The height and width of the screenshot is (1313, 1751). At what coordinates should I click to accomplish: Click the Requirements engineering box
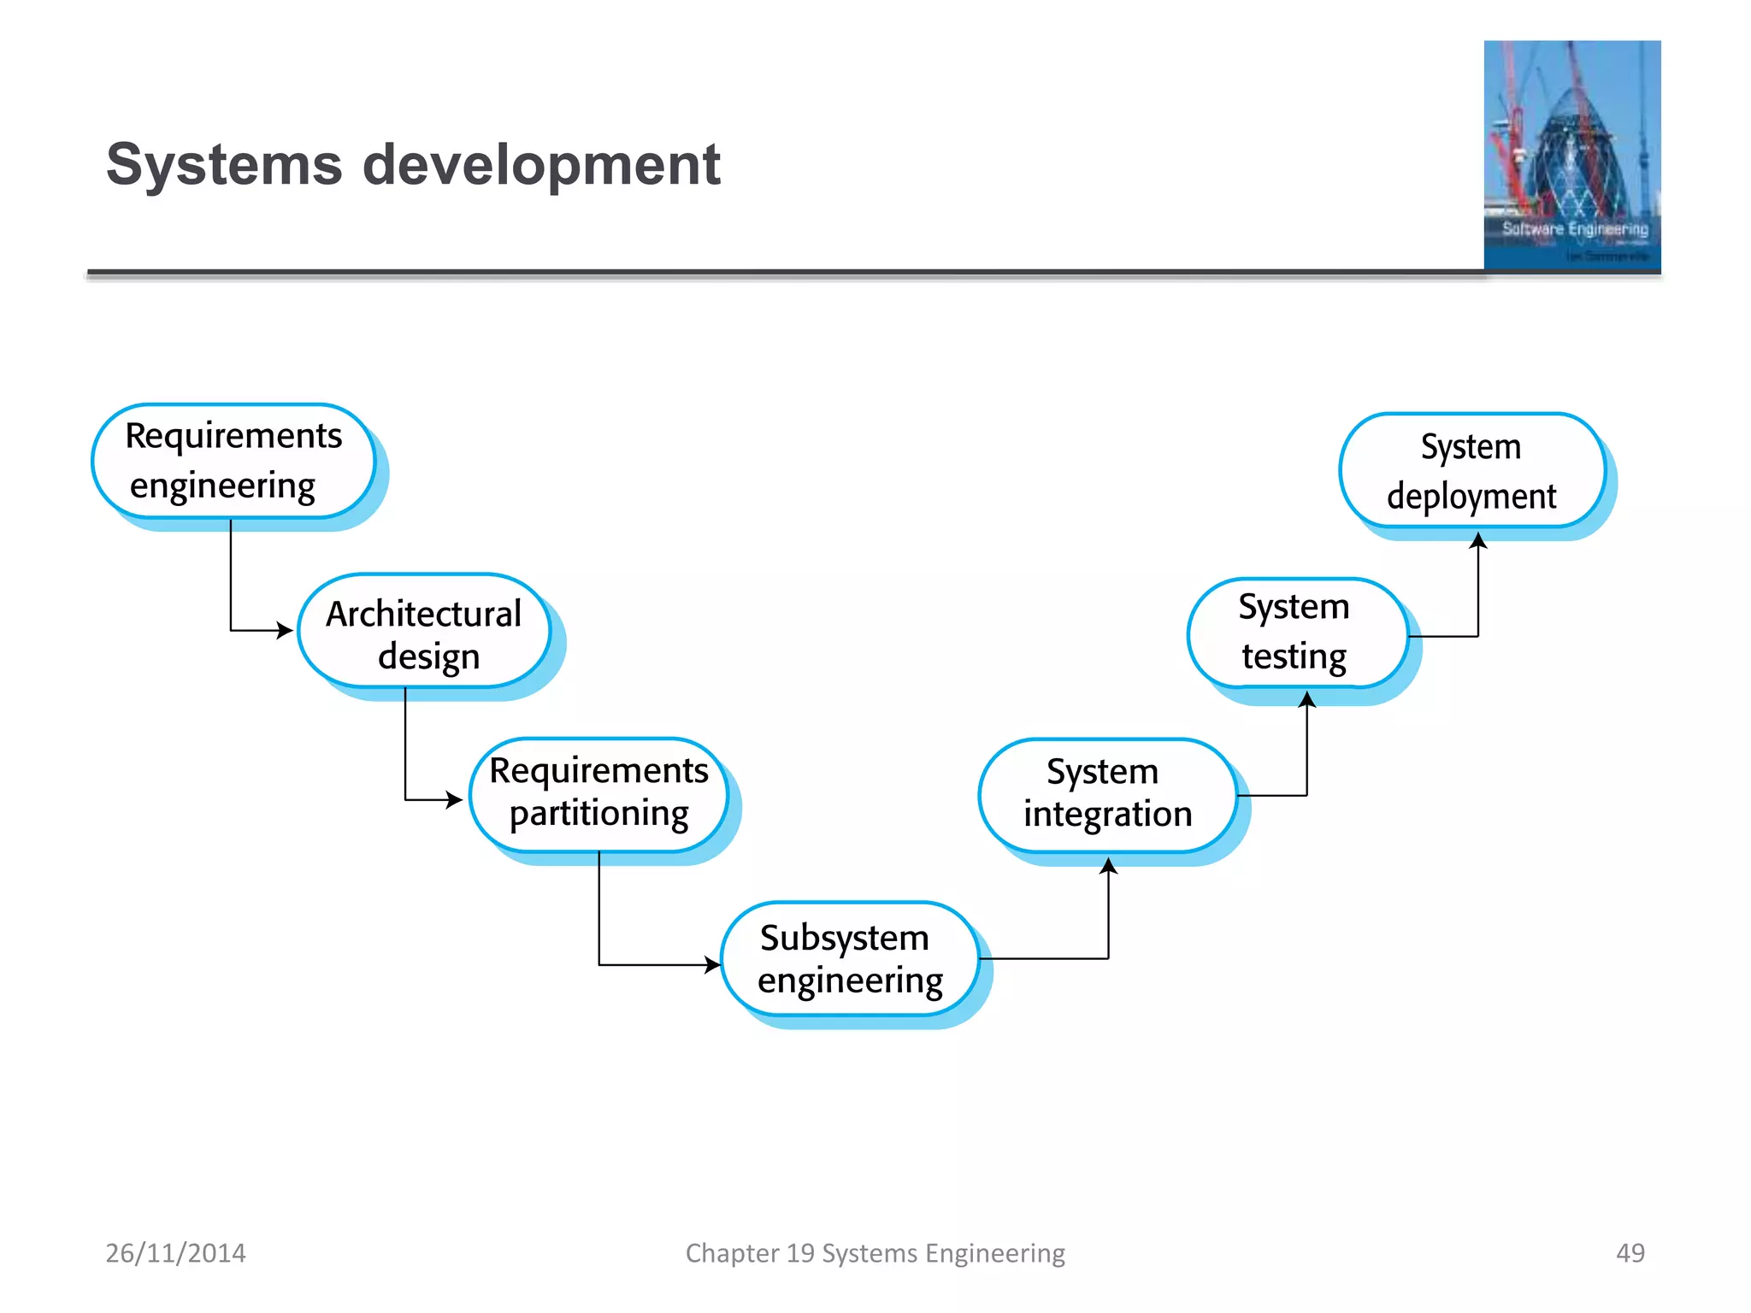pos(233,462)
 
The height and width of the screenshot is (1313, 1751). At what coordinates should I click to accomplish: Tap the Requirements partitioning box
pos(598,794)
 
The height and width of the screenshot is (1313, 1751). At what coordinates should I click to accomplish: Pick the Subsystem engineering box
pos(849,959)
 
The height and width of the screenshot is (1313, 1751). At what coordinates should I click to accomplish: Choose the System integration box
pos(1107,794)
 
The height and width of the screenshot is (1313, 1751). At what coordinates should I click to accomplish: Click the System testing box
pos(1296,633)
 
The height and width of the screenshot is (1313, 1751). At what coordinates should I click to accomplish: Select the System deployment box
pos(1471,471)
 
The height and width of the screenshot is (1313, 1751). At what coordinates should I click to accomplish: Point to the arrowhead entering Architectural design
pos(286,631)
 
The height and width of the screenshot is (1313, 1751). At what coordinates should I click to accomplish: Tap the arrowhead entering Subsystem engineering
pos(713,965)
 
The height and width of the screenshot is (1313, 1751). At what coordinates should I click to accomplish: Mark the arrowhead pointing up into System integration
pos(1109,866)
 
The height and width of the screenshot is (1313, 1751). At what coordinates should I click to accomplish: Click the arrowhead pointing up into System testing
pos(1307,700)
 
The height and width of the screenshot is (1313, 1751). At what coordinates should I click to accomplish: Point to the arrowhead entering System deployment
pos(1478,540)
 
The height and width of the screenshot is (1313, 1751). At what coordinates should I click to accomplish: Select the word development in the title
pos(541,164)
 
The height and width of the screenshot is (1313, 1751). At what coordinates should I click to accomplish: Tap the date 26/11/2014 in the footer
pos(175,1253)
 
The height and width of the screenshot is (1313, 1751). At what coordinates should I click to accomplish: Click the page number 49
pos(1630,1253)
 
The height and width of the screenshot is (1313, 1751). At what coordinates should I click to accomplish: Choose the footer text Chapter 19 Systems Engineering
pos(875,1253)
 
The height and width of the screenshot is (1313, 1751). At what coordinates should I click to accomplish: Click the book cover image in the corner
pos(1571,156)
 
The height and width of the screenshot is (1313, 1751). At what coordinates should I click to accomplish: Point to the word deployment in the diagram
pos(1471,497)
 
